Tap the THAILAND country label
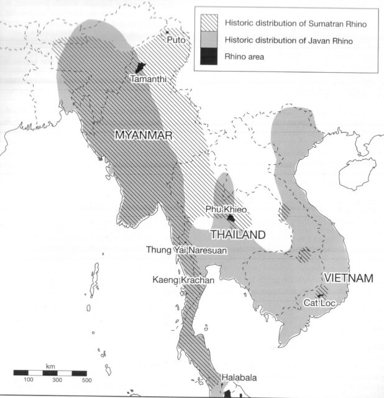tap(237, 235)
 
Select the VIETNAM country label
tap(347, 278)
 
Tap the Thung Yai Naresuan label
tap(186, 251)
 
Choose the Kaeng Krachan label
tap(183, 280)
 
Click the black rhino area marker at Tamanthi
tap(140, 67)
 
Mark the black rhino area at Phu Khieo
tap(231, 218)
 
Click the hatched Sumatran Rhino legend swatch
tap(209, 24)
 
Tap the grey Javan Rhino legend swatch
tap(209, 41)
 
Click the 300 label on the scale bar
tap(57, 379)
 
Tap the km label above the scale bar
tap(50, 366)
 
